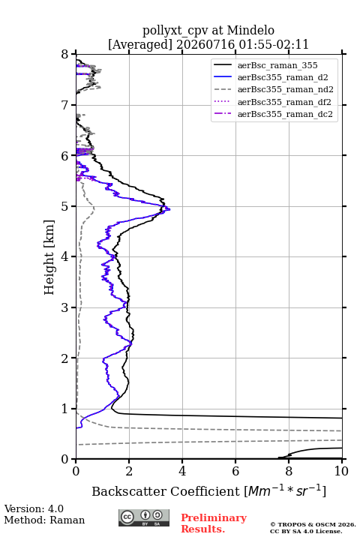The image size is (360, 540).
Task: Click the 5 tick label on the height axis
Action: click(64, 206)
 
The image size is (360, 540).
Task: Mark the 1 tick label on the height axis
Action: click(64, 409)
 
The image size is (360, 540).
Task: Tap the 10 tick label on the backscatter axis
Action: click(341, 471)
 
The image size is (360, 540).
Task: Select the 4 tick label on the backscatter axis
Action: click(182, 471)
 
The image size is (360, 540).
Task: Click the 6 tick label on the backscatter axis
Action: click(235, 471)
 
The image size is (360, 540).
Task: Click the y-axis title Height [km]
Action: click(49, 257)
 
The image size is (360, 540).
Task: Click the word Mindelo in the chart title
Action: click(250, 30)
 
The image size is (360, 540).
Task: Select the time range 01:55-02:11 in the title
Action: click(272, 45)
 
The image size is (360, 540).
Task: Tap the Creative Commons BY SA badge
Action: click(144, 518)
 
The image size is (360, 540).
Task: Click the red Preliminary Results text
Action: click(214, 523)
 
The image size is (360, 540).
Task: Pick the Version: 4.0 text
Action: click(34, 509)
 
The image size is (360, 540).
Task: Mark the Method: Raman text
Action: click(44, 520)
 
